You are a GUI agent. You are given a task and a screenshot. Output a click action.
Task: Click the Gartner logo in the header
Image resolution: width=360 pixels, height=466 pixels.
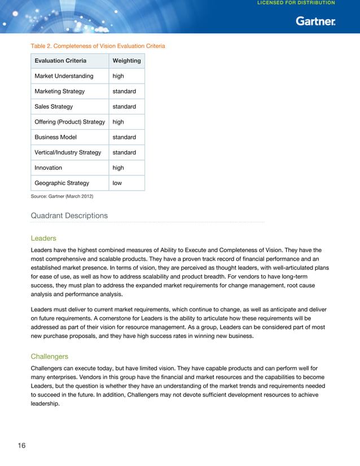315,21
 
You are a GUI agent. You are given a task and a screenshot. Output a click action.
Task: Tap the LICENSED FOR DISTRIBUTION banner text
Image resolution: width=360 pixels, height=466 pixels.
296,3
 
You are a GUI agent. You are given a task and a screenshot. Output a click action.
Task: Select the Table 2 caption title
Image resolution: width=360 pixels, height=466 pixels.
98,46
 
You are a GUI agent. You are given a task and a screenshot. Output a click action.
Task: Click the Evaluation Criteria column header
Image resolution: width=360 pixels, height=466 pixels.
60,61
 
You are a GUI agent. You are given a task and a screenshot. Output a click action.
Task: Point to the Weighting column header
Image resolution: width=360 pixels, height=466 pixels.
126,61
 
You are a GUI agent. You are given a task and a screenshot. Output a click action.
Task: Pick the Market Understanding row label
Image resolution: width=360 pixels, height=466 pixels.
64,76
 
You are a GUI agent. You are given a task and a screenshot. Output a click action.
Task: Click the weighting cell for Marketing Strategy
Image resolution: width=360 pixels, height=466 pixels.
124,91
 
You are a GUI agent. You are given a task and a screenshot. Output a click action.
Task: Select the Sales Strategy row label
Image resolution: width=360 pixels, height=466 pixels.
54,107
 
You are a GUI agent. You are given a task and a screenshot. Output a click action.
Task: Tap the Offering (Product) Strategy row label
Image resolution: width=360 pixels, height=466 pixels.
69,122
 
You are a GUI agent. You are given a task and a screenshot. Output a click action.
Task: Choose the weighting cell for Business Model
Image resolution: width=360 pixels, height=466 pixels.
124,137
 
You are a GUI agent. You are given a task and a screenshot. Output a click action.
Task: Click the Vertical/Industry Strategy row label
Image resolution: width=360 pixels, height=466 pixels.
68,152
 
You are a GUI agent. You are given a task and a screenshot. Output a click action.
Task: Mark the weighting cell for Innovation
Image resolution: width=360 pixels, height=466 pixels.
118,168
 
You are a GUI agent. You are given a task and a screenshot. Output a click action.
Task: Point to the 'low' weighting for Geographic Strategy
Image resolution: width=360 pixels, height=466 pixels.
117,183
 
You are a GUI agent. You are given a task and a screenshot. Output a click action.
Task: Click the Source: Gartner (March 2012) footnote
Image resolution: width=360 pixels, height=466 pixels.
62,196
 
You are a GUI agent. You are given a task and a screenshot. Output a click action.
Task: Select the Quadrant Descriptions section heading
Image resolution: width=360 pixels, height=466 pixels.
69,216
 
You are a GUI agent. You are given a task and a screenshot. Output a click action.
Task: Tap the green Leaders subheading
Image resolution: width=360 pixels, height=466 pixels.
43,238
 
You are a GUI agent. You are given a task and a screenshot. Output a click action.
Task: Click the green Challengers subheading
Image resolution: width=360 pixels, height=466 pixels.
50,357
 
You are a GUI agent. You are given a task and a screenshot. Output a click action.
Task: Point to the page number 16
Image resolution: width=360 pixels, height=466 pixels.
21,446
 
